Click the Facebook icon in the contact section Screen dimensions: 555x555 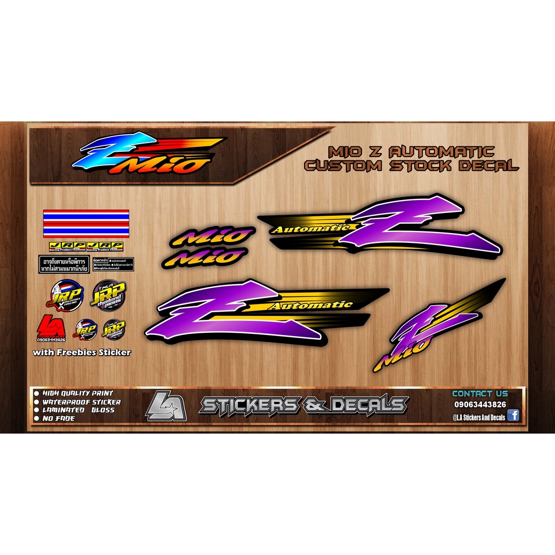(x=513, y=416)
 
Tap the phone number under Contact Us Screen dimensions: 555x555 (x=480, y=404)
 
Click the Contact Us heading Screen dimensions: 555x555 (x=480, y=393)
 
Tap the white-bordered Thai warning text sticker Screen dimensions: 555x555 (x=64, y=264)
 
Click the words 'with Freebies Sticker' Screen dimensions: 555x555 (x=82, y=352)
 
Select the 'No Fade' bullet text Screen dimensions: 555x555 (x=57, y=418)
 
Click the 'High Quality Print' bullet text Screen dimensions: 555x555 (x=76, y=393)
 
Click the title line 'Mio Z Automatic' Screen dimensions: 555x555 (x=412, y=151)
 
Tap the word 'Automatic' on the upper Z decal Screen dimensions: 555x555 (x=311, y=229)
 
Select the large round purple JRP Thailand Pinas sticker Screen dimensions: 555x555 (x=108, y=294)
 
